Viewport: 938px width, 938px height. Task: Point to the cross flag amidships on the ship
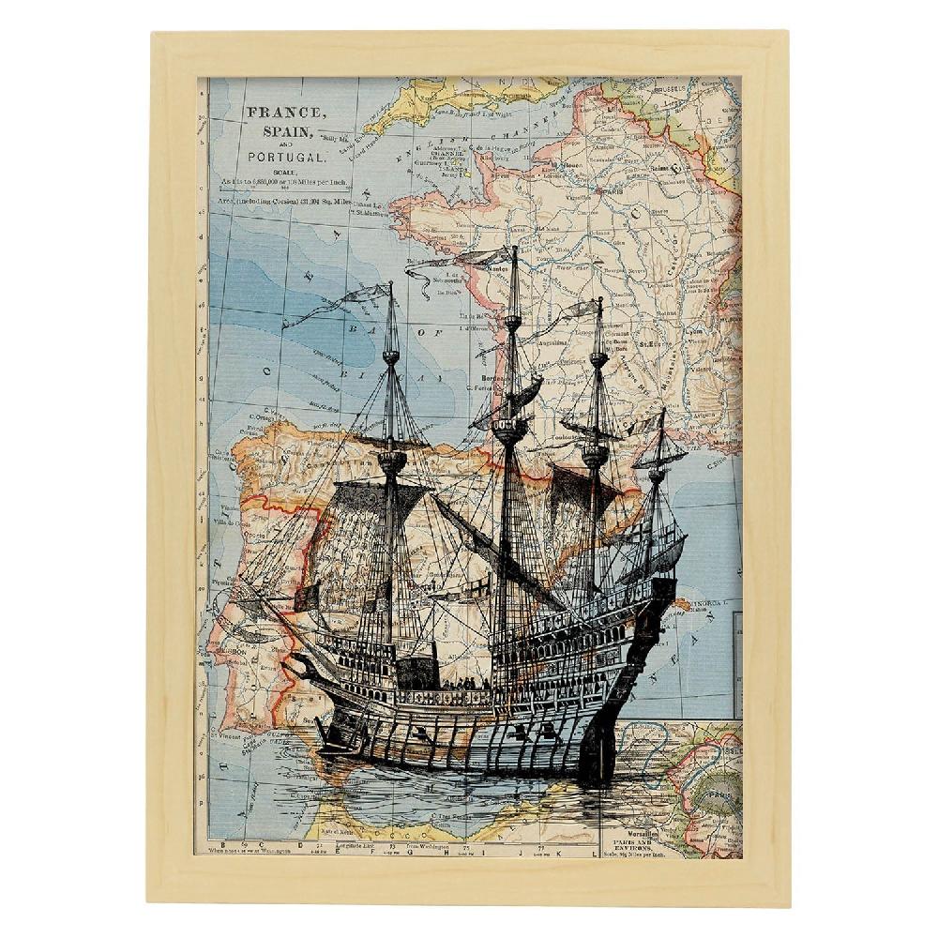tap(477, 586)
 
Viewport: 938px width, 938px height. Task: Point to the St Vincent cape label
tap(227, 737)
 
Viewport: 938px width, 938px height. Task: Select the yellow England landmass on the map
tap(422, 103)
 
